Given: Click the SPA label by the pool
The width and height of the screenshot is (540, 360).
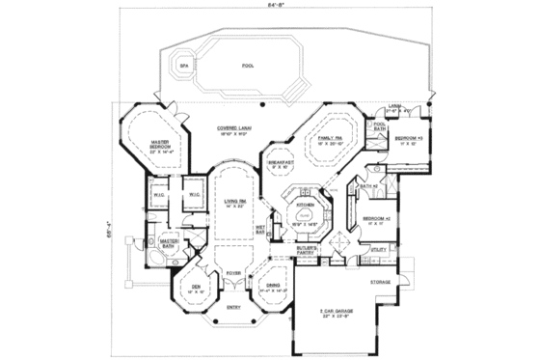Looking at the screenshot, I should (x=182, y=65).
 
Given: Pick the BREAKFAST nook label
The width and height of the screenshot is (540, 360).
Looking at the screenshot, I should (x=281, y=162).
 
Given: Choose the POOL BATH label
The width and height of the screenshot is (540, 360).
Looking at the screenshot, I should (x=380, y=125).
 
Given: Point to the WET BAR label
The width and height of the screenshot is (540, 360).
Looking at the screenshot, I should (x=261, y=231).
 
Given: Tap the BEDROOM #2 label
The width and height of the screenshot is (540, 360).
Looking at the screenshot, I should (x=376, y=219).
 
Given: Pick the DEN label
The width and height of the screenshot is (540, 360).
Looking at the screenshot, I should (x=197, y=287).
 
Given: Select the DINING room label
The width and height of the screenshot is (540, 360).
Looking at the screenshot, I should (x=273, y=284).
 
